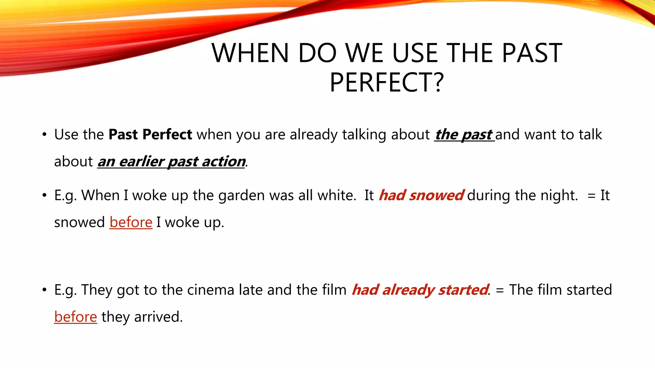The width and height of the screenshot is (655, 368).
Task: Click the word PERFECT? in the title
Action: coord(387,82)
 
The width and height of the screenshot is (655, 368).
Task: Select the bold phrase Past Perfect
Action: coord(150,134)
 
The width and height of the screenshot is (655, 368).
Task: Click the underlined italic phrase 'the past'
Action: coord(464,134)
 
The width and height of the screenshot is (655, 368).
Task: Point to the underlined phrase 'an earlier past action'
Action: coord(171,162)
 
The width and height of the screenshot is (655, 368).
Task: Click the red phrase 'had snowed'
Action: coord(421,195)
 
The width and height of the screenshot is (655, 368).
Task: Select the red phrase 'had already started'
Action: coord(420,290)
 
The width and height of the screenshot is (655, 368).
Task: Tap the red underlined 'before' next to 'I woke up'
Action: coord(131,222)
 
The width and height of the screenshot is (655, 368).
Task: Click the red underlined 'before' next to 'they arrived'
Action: coord(75,317)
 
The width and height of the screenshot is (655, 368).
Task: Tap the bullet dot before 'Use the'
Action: coord(44,134)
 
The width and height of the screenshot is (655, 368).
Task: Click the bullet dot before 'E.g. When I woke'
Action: coord(44,195)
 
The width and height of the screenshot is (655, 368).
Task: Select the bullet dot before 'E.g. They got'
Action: coord(44,290)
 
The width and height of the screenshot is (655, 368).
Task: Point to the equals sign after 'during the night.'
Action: coord(591,196)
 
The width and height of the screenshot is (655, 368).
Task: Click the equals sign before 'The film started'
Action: coord(500,290)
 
